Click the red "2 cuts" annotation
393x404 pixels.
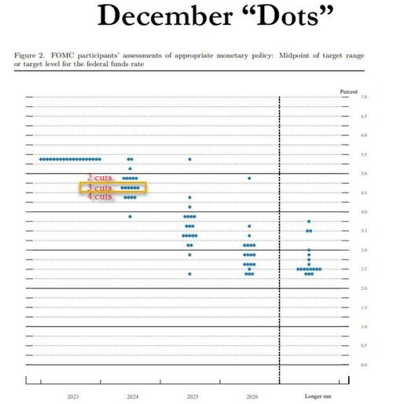tap(100, 178)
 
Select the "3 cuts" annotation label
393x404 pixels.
tap(100, 188)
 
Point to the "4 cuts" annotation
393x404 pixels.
tap(100, 197)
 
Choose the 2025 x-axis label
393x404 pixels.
tap(189, 395)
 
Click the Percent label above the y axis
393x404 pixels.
tap(348, 92)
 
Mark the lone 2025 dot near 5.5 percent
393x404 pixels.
tap(189, 160)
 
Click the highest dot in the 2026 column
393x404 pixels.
tap(249, 178)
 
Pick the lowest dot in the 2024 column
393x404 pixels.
tap(130, 216)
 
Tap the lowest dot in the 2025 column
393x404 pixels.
tap(189, 274)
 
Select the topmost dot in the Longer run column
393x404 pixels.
tap(309, 222)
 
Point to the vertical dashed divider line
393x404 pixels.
tap(280, 236)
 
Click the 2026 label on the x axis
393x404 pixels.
tap(249, 395)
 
